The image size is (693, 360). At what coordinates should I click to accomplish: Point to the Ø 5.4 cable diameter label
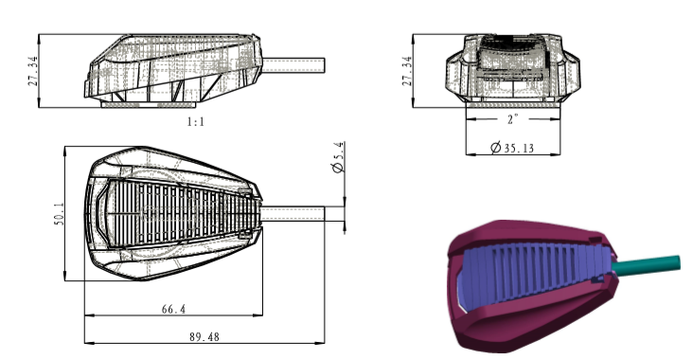(x=339, y=156)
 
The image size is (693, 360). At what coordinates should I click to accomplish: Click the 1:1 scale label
(x=196, y=122)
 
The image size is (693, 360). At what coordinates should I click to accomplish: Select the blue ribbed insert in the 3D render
(x=530, y=275)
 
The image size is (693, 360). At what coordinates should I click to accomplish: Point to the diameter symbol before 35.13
(x=496, y=148)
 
